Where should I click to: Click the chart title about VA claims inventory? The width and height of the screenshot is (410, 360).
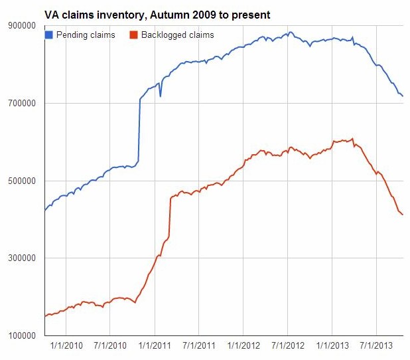[x=157, y=14]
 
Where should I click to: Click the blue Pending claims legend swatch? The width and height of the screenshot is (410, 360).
[x=48, y=35]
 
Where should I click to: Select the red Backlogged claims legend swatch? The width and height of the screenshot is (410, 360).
[x=135, y=35]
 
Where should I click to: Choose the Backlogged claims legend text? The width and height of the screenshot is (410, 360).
[x=178, y=35]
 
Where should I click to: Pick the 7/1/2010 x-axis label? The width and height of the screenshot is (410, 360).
[x=110, y=346]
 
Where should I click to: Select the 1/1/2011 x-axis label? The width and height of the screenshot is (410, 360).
[x=155, y=346]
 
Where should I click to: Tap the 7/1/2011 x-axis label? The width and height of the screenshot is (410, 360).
[x=199, y=346]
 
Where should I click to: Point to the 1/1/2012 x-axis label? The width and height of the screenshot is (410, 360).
[x=243, y=346]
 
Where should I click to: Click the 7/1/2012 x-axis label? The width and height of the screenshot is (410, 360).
[x=288, y=346]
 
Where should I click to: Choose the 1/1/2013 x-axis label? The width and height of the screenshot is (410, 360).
[x=332, y=346]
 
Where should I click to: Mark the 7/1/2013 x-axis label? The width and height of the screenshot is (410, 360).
[x=376, y=346]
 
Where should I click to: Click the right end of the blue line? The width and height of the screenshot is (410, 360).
[x=403, y=96]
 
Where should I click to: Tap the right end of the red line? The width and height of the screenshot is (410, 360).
[x=403, y=215]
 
